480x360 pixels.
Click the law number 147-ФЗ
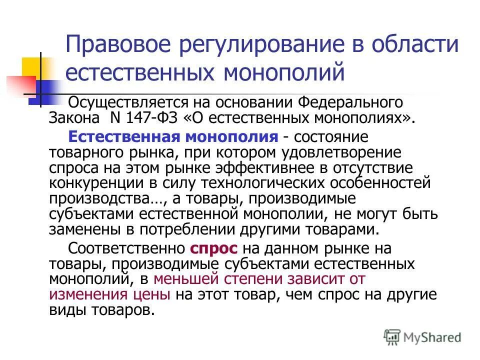point(146,119)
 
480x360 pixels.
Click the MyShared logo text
point(433,336)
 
